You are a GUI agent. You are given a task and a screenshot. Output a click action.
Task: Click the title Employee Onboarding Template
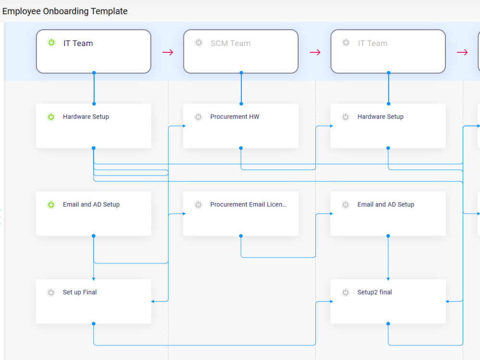[65, 11]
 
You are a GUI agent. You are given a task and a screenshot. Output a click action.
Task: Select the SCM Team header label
[230, 43]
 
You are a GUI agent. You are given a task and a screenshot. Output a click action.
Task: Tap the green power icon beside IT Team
[51, 43]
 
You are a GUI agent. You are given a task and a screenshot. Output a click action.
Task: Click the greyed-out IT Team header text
[372, 43]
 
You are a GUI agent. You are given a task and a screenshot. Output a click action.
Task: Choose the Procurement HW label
[234, 117]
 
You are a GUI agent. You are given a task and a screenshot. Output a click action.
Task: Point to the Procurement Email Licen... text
[248, 204]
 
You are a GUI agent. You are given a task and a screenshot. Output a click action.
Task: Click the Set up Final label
[80, 292]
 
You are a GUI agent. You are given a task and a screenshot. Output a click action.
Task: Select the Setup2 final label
[374, 292]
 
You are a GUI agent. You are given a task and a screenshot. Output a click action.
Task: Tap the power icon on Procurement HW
[198, 117]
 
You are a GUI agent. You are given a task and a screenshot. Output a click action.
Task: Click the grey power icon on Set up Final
[51, 292]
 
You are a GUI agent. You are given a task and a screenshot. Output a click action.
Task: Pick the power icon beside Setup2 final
[346, 292]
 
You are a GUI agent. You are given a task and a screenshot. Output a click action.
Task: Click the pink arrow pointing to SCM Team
[168, 52]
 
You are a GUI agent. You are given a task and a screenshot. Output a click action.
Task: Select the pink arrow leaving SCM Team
[315, 52]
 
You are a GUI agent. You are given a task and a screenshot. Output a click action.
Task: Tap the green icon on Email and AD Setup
[51, 204]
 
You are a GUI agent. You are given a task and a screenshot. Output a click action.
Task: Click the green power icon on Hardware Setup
[51, 117]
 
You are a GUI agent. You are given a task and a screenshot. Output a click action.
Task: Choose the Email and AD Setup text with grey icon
[385, 204]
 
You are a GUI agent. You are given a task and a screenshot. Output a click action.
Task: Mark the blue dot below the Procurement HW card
[241, 148]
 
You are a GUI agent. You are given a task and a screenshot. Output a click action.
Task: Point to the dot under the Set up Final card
[94, 324]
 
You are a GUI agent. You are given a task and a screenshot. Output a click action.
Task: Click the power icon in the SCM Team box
[199, 43]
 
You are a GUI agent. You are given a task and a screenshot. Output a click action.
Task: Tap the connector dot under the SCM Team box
[241, 73]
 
